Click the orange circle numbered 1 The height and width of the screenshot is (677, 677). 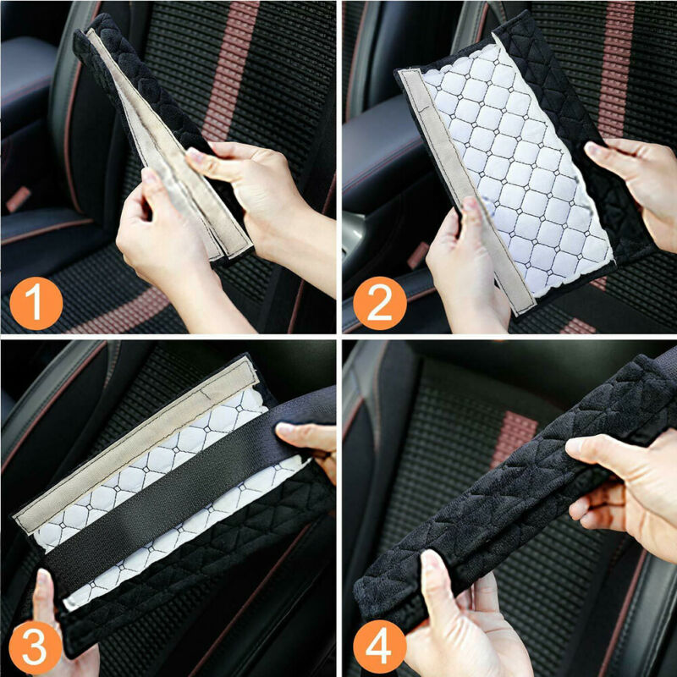(x=36, y=304)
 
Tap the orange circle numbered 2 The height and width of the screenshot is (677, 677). (x=379, y=304)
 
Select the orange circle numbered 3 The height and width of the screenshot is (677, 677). (x=35, y=647)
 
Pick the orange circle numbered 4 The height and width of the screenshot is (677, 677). (x=379, y=647)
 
